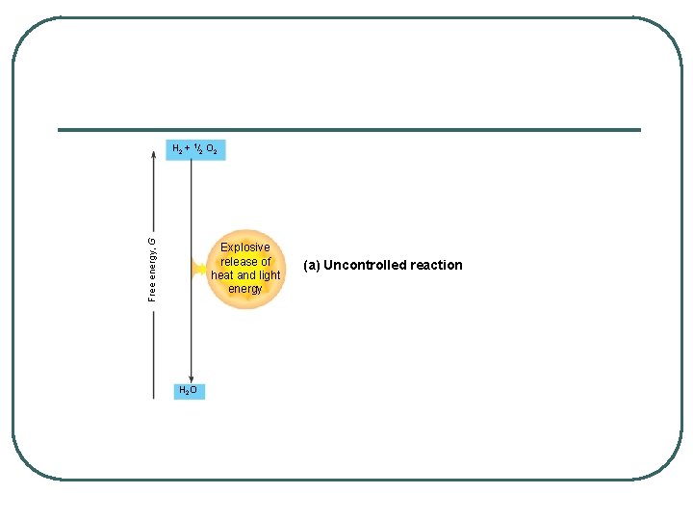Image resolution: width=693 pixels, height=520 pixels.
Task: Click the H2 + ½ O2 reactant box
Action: pos(195,149)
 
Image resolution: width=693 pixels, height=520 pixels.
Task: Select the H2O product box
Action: pos(189,390)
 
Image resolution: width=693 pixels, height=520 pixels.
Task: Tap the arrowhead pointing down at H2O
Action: pos(192,377)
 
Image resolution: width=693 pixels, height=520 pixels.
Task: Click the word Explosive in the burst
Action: pos(245,247)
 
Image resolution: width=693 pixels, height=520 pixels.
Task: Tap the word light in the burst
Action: pos(269,275)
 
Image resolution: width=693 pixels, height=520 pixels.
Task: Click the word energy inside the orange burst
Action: pos(245,289)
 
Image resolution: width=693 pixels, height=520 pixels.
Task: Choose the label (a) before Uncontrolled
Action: pos(311,265)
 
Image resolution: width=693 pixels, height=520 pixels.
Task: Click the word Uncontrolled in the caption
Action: pos(363,265)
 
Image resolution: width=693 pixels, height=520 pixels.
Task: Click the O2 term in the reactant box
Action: pos(211,150)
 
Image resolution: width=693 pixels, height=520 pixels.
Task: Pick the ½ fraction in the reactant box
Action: pos(196,148)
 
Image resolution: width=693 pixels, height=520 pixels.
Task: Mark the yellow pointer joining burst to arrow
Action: pos(200,269)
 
